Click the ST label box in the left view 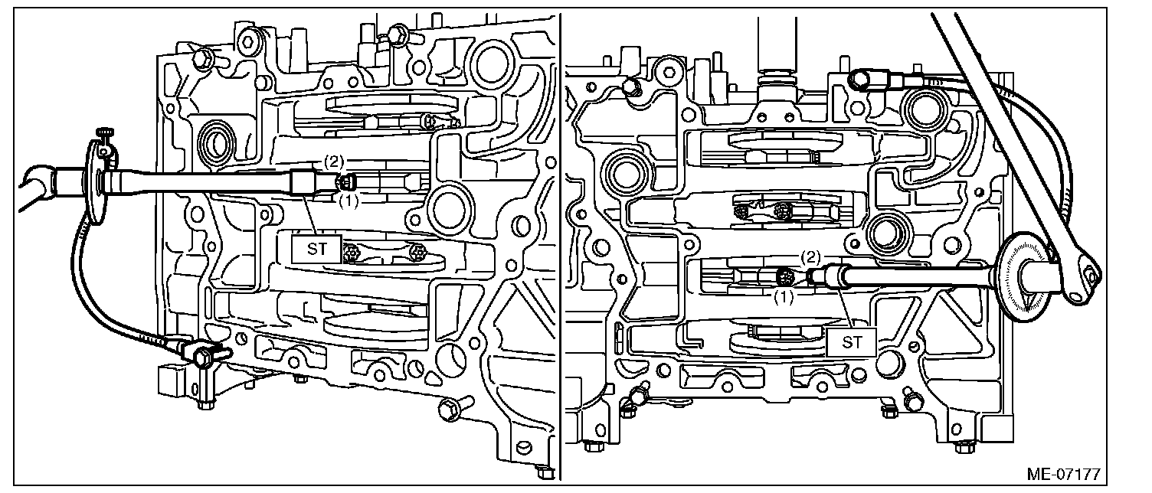(x=312, y=250)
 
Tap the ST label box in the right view (x=852, y=342)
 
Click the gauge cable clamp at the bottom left (x=204, y=354)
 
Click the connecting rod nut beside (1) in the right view (x=784, y=276)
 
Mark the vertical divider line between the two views (x=561, y=245)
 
